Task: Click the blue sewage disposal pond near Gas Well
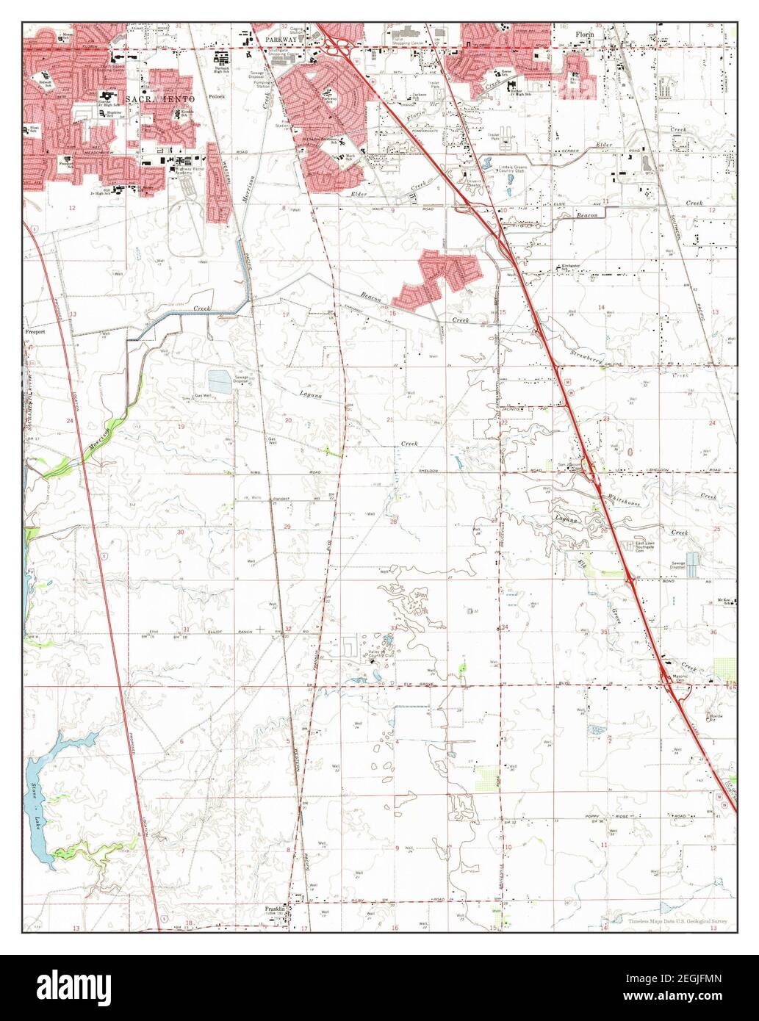(x=219, y=381)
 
